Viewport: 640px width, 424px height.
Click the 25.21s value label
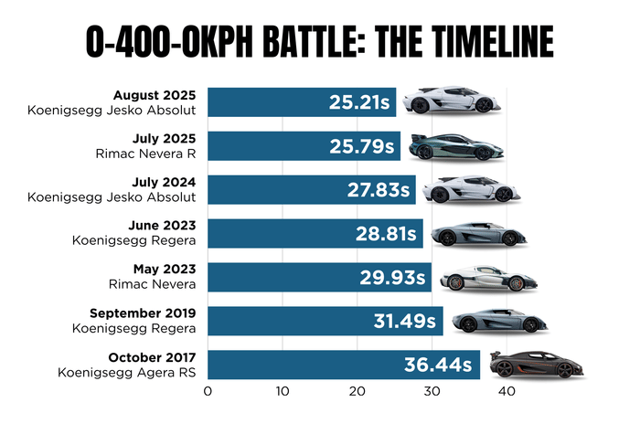[361, 101]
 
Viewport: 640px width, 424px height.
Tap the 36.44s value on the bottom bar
[440, 366]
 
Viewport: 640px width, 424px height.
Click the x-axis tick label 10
[283, 392]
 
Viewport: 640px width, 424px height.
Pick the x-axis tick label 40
[505, 392]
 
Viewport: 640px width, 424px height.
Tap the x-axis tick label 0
[208, 392]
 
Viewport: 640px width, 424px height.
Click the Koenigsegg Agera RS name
[128, 373]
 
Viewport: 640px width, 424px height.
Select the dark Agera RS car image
[537, 366]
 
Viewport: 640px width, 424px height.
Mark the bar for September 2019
[325, 322]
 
